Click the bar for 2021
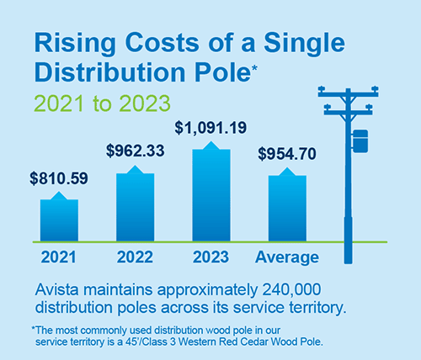[59, 220]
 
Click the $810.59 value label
[59, 178]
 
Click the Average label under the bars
[288, 257]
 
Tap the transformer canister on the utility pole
[360, 141]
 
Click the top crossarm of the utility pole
[348, 91]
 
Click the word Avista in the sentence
[58, 289]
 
